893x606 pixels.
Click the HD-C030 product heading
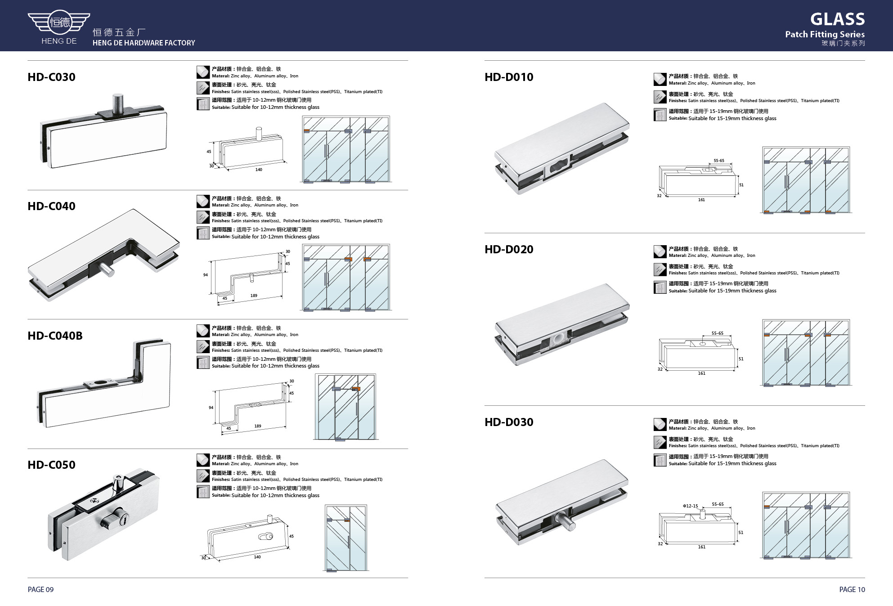coord(51,77)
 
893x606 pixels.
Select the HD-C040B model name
coord(55,336)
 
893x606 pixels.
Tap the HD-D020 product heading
coord(509,249)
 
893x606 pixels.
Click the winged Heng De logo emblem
coord(59,22)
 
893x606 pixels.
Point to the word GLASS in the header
coord(837,19)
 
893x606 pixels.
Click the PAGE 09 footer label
coord(40,589)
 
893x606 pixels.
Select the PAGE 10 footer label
coord(852,589)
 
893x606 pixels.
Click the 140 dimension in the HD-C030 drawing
coord(259,170)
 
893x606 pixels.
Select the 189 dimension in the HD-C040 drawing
coord(254,296)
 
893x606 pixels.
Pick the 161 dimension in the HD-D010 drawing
coord(701,200)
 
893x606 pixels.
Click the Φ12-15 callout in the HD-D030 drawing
coord(690,506)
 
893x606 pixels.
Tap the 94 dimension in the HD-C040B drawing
coord(211,408)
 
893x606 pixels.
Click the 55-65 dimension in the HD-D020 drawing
coord(718,333)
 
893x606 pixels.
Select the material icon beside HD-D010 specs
coord(660,79)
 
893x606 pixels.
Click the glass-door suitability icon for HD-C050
coord(203,492)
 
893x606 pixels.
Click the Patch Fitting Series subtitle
coord(825,34)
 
